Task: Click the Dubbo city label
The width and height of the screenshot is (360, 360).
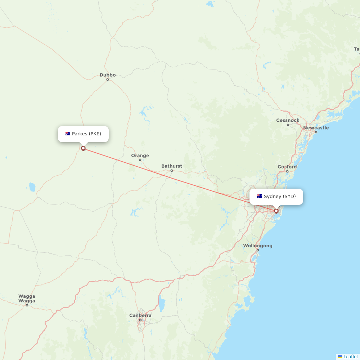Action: tap(108, 75)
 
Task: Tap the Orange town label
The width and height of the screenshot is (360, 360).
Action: tap(140, 156)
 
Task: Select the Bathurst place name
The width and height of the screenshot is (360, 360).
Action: tap(172, 166)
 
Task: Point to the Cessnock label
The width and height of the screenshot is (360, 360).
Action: tap(288, 120)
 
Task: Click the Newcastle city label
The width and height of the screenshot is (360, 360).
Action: tap(316, 128)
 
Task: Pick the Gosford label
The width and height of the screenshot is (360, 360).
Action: tap(287, 167)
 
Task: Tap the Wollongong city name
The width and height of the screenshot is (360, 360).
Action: tap(257, 246)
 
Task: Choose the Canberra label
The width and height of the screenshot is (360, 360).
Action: tap(140, 315)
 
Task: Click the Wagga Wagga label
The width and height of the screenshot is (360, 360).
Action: tap(27, 298)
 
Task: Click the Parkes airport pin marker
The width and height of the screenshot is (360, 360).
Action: tap(83, 148)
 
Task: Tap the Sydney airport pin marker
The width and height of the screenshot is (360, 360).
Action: tap(276, 211)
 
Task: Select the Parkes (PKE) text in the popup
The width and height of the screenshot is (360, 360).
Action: tap(86, 134)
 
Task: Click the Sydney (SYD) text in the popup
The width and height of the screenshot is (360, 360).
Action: tap(280, 197)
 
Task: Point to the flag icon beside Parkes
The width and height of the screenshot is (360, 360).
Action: tap(68, 134)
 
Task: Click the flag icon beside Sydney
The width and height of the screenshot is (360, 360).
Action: tap(259, 197)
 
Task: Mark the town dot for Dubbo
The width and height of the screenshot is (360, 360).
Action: tap(108, 80)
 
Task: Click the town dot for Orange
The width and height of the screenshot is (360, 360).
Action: tap(140, 160)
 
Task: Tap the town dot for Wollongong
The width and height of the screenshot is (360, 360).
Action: tap(257, 250)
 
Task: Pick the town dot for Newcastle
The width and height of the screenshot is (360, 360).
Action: tap(316, 132)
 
